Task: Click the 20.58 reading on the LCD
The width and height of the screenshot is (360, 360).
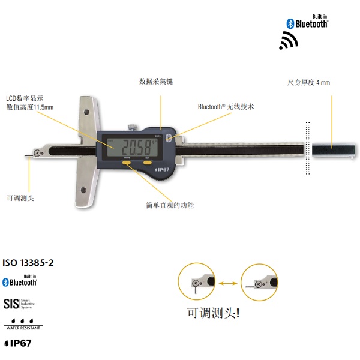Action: click(135, 146)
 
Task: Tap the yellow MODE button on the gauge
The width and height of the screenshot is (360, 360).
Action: click(127, 161)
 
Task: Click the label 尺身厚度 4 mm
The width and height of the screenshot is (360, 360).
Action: click(308, 82)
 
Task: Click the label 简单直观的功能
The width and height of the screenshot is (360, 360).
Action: click(170, 205)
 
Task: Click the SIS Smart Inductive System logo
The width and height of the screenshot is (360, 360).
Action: click(20, 303)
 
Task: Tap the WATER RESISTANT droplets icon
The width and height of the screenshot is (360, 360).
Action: click(23, 323)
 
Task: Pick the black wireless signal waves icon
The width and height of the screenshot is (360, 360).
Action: click(289, 41)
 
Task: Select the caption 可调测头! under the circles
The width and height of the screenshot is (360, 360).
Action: click(214, 313)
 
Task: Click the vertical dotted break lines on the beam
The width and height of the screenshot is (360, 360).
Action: click(308, 148)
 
